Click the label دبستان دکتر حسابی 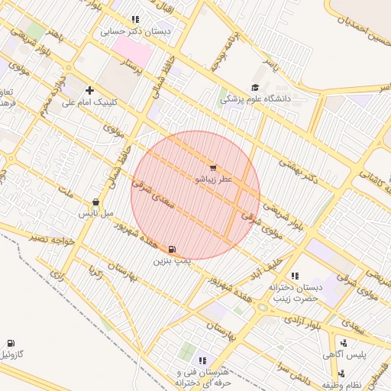pos(137,33)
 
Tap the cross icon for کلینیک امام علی pos(90,89)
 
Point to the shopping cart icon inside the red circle pos(212,167)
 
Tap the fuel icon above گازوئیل pos(11,344)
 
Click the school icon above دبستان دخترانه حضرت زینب pos(295,276)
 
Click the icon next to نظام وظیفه pos(341,373)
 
